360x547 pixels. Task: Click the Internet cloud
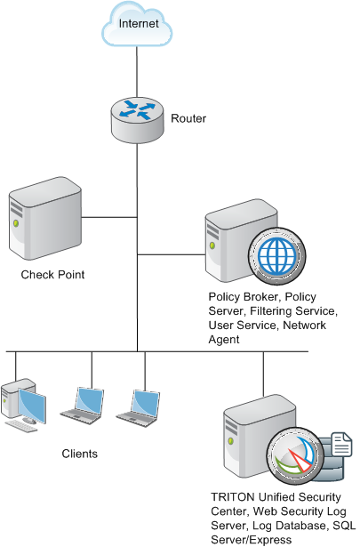[x=137, y=24]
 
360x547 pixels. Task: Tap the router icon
[x=137, y=120]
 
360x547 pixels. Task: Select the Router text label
[x=188, y=118]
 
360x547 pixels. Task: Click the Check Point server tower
[x=45, y=219]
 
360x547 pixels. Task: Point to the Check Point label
[x=52, y=275]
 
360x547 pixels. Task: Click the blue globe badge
[x=277, y=255]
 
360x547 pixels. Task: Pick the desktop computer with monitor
[x=23, y=405]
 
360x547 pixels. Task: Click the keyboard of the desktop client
[x=21, y=426]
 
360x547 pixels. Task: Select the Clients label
[x=79, y=454]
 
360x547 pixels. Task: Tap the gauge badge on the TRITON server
[x=296, y=456]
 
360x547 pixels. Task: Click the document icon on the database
[x=341, y=444]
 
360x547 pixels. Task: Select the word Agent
[x=224, y=340]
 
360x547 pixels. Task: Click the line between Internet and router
[x=137, y=71]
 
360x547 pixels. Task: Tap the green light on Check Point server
[x=15, y=223]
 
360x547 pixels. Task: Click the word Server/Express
[x=252, y=540]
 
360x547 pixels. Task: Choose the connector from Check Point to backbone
[x=109, y=217]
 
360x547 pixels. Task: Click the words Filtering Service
[x=293, y=310]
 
